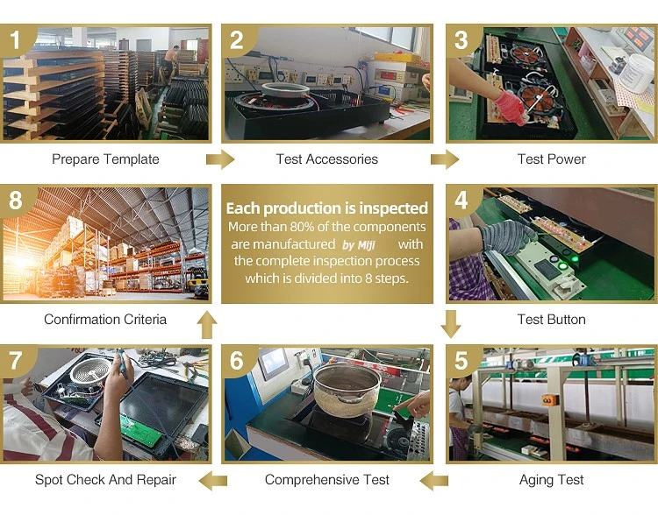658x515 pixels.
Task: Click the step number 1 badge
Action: tap(15, 39)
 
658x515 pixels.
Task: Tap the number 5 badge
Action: tap(461, 360)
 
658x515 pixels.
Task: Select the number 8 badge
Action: tap(15, 200)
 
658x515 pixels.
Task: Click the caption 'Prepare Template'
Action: tap(105, 159)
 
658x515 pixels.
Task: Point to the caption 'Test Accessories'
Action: tap(327, 159)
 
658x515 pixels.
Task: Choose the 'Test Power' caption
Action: tap(552, 159)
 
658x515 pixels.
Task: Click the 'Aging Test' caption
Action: tap(552, 480)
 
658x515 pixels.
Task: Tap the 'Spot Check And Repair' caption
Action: tap(105, 480)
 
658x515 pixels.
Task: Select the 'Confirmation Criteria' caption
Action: tap(105, 320)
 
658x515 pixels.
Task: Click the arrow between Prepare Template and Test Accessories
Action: tap(220, 159)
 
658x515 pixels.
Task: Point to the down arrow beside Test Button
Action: tap(451, 324)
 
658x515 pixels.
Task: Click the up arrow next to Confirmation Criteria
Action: tap(207, 324)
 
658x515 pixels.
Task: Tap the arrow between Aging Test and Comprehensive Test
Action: tap(434, 480)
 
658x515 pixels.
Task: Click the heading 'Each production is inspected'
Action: tap(327, 208)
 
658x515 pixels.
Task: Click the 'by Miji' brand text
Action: tap(358, 244)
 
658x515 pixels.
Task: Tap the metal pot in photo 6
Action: tap(347, 390)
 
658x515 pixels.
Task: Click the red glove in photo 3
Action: tap(510, 107)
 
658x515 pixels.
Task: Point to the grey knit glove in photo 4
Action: tap(507, 236)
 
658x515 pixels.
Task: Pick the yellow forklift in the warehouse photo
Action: tap(197, 282)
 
